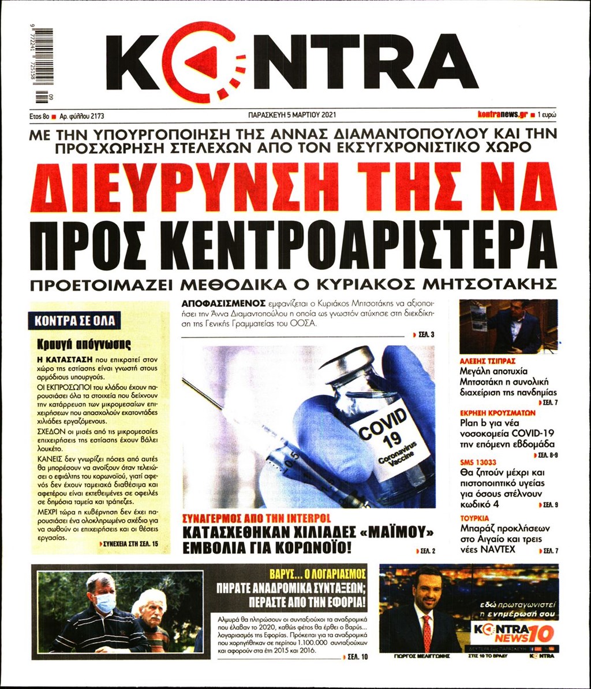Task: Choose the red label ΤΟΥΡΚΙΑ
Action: point(474,517)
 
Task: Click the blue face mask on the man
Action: point(104,603)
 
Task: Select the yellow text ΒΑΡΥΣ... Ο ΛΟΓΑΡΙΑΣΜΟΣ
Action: point(318,574)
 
